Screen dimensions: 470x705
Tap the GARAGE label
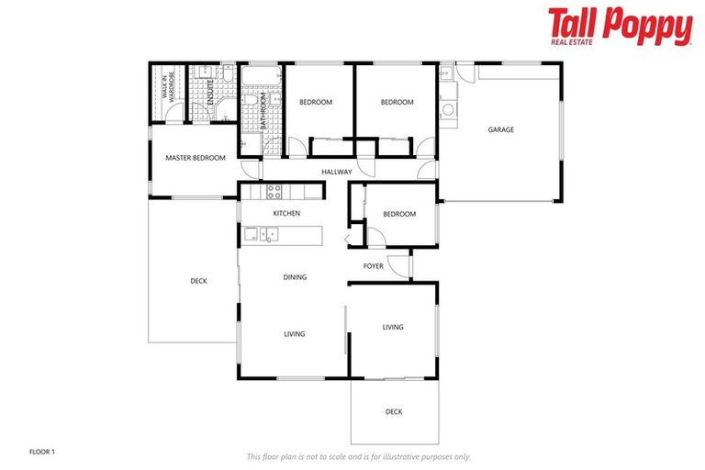500,130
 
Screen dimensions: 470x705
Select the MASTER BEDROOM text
195,158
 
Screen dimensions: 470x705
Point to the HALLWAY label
337,172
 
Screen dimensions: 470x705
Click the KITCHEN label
286,214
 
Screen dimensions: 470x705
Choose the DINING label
295,276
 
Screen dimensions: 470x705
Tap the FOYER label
373,266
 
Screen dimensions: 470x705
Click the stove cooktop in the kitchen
274,191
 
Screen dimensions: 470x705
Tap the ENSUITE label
209,95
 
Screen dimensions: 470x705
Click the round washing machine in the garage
448,110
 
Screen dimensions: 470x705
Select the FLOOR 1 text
42,452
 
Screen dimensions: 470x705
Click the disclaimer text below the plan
358,455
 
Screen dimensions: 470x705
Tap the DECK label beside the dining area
198,281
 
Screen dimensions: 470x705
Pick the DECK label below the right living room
394,411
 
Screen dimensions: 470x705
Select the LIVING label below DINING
294,334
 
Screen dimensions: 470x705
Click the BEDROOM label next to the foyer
398,214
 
